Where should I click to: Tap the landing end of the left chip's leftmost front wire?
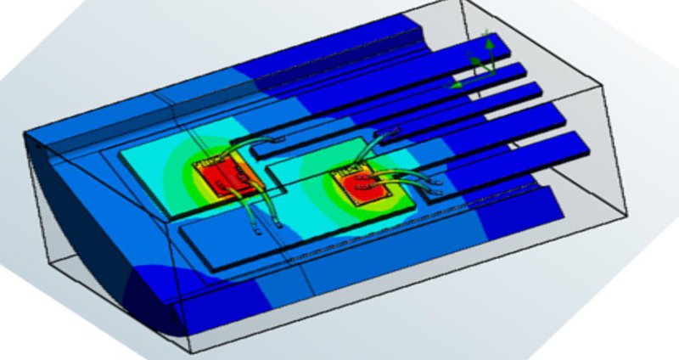[x=255, y=228]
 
